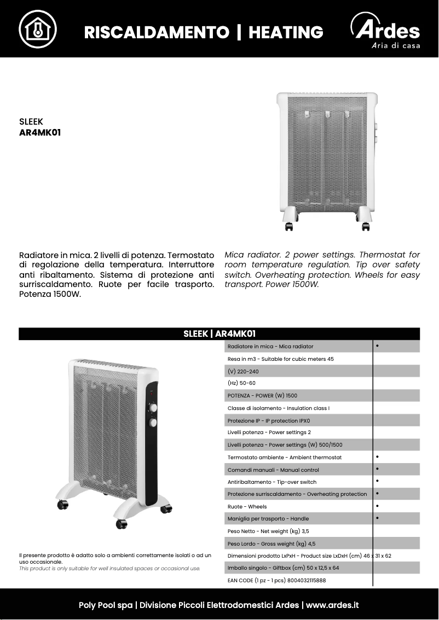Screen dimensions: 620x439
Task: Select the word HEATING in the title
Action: pos(286,32)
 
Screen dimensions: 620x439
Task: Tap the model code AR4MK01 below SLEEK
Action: pos(40,132)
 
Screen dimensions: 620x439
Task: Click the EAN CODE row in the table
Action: pos(276,580)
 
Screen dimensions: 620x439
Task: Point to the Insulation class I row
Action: pos(279,408)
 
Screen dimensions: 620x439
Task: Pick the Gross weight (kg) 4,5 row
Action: pos(272,543)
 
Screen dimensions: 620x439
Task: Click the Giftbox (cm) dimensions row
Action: pos(283,568)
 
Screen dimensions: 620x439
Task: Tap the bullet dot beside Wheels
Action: pos(378,506)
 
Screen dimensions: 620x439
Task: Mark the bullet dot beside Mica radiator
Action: pos(378,346)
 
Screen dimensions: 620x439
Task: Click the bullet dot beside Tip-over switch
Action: pos(378,481)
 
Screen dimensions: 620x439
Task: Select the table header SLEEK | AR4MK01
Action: pos(220,334)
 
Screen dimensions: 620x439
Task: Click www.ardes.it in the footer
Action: pos(332,605)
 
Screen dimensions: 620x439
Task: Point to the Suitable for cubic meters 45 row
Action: pos(280,359)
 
